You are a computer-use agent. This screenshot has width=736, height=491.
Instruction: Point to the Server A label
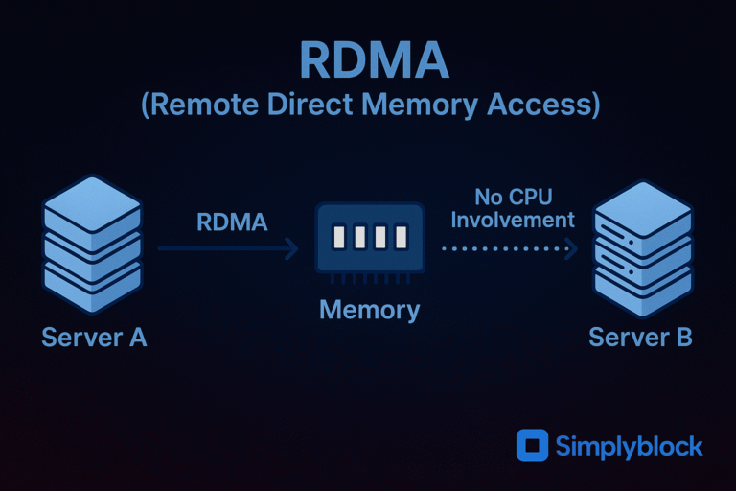tap(94, 338)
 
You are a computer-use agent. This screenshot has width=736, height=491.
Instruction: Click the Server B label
tap(640, 338)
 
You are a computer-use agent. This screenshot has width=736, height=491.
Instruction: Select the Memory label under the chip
tap(369, 310)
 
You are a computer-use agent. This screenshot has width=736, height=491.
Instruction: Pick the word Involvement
tap(513, 220)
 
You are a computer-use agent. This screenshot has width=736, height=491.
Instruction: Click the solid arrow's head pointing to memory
tap(292, 249)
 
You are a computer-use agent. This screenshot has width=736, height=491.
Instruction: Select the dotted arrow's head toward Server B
tap(572, 249)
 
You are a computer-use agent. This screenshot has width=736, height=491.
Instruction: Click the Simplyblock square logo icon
tap(532, 446)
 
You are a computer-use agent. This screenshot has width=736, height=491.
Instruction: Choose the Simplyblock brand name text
tap(629, 447)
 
